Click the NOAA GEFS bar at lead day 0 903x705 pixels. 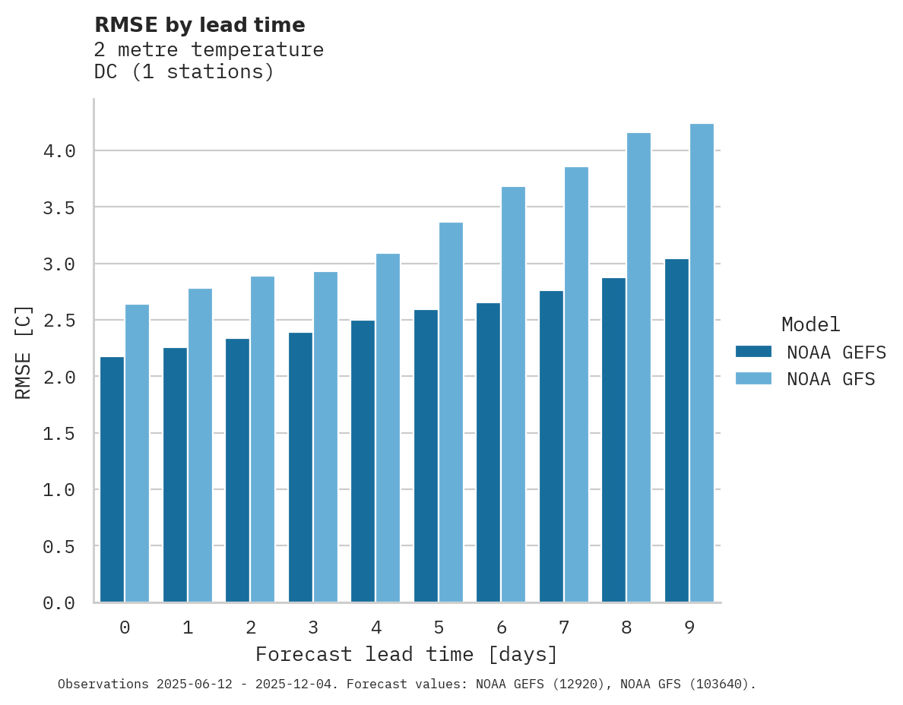pyautogui.click(x=112, y=479)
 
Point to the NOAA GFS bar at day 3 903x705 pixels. pyautogui.click(x=325, y=437)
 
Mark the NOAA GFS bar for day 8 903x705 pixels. pyautogui.click(x=638, y=368)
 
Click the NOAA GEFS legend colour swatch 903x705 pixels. pyautogui.click(x=753, y=352)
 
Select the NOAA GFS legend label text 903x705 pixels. pyautogui.click(x=831, y=379)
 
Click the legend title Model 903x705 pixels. pyautogui.click(x=811, y=324)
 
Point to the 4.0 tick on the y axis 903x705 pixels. pyautogui.click(x=59, y=151)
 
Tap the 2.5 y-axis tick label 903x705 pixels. pyautogui.click(x=59, y=321)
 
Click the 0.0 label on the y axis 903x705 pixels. pyautogui.click(x=59, y=603)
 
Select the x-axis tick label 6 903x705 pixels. pyautogui.click(x=502, y=628)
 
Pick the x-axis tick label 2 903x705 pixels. pyautogui.click(x=251, y=628)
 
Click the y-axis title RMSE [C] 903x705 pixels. pyautogui.click(x=24, y=352)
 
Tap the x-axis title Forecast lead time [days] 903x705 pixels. pyautogui.click(x=407, y=655)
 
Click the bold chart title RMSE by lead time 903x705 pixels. pyautogui.click(x=200, y=25)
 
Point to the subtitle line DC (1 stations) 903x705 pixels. pyautogui.click(x=184, y=72)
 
